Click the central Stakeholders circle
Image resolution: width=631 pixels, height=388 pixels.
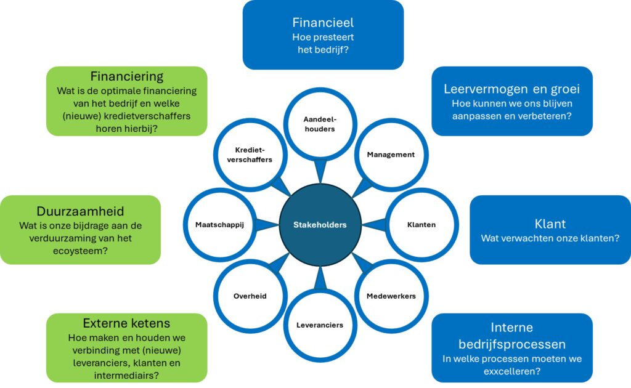click(x=319, y=225)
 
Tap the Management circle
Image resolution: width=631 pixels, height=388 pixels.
click(x=391, y=155)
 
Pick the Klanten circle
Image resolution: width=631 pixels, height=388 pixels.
click(x=421, y=225)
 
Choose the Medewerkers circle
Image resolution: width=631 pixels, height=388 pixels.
click(x=391, y=296)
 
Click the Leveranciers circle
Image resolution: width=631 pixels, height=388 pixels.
click(x=319, y=325)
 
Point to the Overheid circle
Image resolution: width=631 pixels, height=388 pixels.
click(x=250, y=296)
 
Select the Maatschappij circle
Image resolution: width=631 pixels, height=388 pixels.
click(x=219, y=225)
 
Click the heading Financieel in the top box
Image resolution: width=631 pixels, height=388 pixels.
click(x=323, y=23)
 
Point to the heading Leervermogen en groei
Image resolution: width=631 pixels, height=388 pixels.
click(x=511, y=89)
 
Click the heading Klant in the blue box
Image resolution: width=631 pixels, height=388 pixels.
click(x=550, y=223)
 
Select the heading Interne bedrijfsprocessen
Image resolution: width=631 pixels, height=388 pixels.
click(x=511, y=336)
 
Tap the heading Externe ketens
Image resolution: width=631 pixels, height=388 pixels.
click(x=126, y=323)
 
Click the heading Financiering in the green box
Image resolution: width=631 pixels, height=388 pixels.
click(x=126, y=76)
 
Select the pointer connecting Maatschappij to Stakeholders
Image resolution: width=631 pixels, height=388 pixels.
click(x=266, y=225)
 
